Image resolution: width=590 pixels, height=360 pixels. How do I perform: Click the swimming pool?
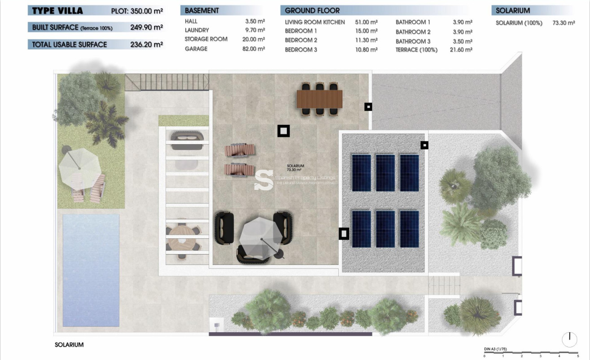(x=91, y=269)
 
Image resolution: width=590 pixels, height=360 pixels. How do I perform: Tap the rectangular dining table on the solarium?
(x=319, y=99)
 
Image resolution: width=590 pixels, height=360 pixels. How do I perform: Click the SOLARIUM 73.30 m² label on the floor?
(x=295, y=168)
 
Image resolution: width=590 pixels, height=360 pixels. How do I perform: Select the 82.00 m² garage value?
(x=253, y=48)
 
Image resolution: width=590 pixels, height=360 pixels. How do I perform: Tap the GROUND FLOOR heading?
(x=312, y=10)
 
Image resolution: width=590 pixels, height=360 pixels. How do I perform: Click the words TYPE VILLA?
(x=57, y=10)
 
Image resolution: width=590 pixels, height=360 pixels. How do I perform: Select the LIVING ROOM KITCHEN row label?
(x=315, y=22)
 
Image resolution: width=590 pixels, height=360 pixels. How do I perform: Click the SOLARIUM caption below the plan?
(x=69, y=345)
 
